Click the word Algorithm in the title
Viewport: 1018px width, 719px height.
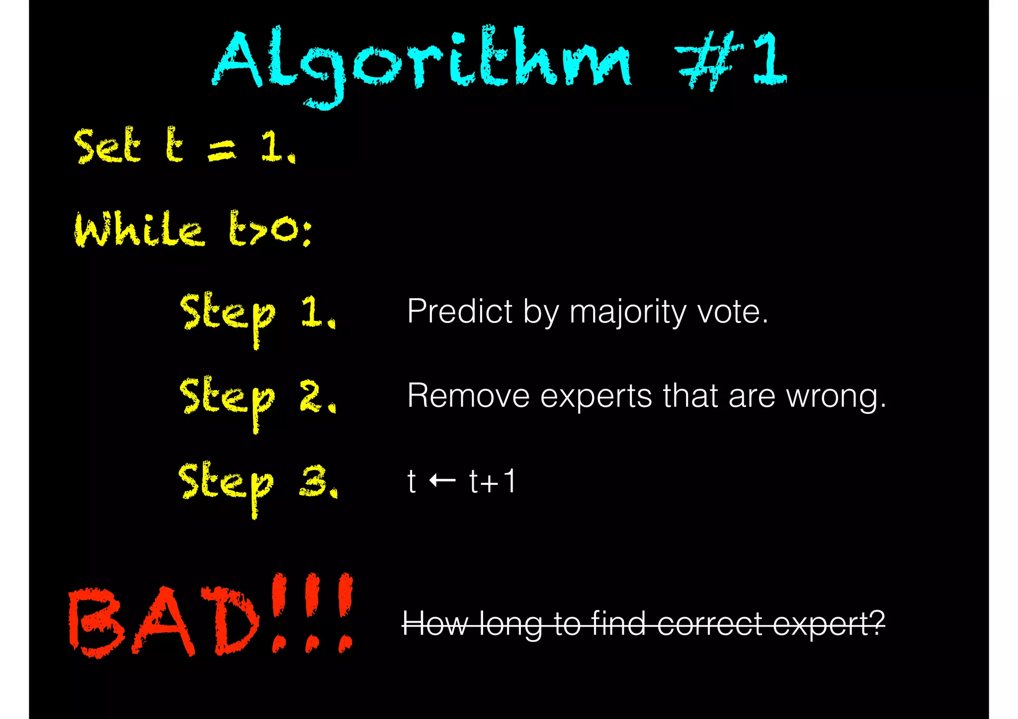423,62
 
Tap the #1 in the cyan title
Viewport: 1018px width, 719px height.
731,60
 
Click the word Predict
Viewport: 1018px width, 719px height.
460,312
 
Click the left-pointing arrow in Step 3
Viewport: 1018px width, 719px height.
442,480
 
